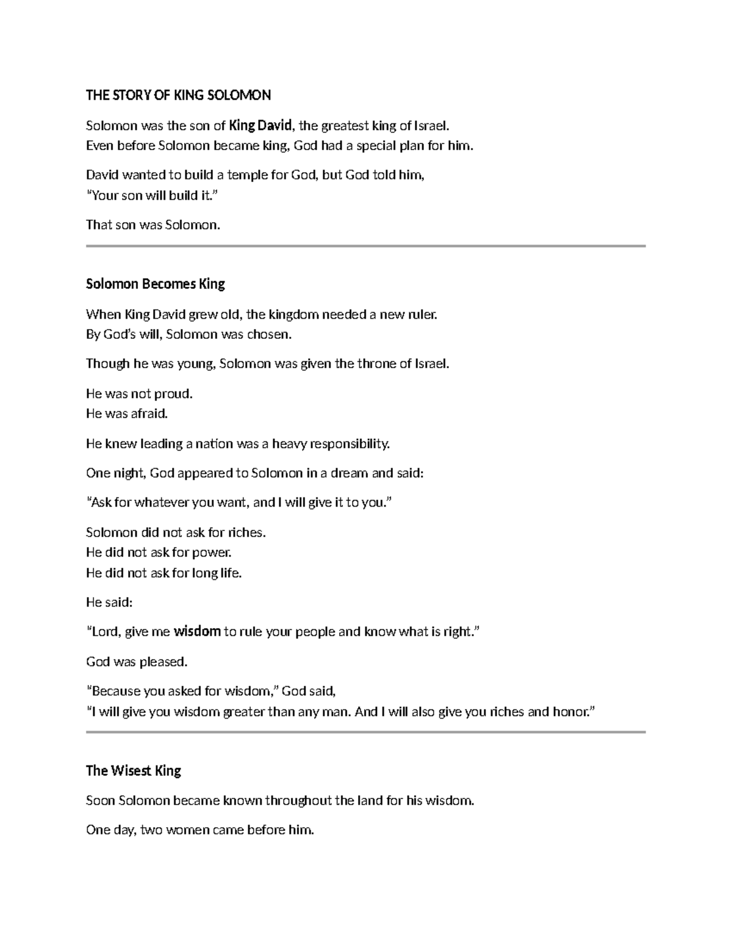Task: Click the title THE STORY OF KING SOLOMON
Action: (178, 95)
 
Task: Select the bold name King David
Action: (261, 126)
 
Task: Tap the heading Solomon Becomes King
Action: (155, 284)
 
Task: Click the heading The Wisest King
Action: (133, 770)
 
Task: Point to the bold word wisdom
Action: (197, 632)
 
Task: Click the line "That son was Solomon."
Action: (152, 225)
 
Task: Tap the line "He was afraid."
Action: (126, 413)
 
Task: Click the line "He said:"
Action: (109, 602)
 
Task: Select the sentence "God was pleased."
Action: (137, 662)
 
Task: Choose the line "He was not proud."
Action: (139, 394)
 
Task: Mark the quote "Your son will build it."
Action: (151, 195)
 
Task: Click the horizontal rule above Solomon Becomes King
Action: (365, 246)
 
